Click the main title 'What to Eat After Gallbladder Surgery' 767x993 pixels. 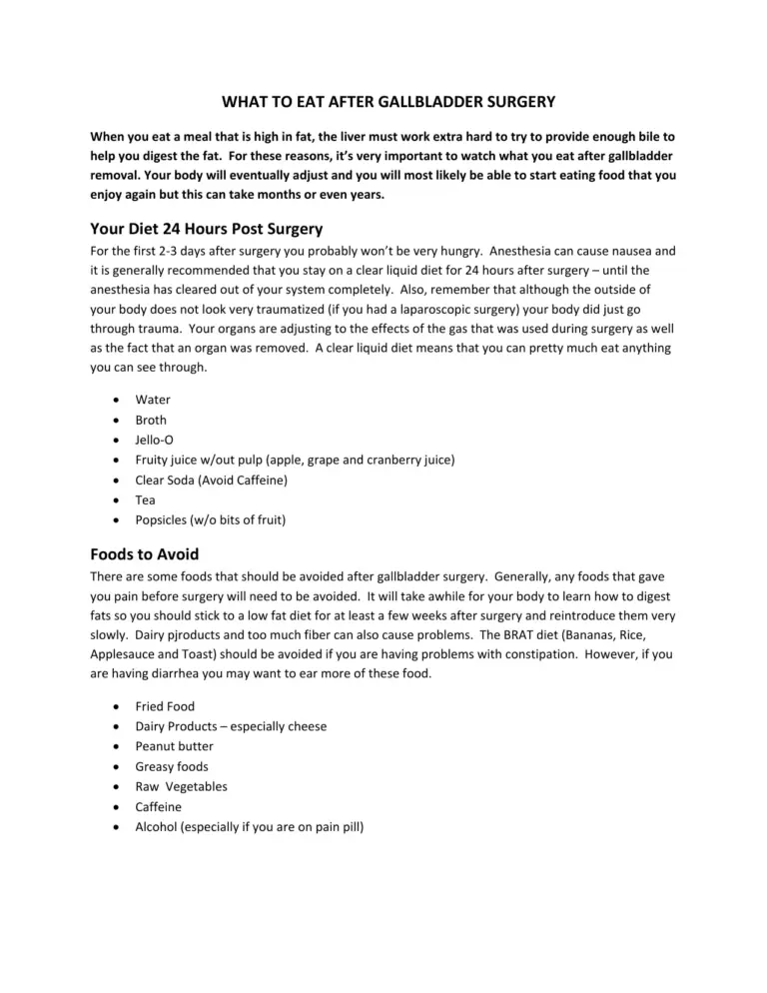click(383, 101)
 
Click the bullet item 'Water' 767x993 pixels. click(153, 400)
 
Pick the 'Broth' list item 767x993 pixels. click(151, 420)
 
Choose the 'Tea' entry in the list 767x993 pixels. click(146, 499)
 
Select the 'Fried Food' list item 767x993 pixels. click(165, 705)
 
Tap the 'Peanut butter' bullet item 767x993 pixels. click(174, 745)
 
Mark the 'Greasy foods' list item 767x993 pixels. click(173, 765)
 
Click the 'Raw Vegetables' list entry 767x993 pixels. click(181, 786)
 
